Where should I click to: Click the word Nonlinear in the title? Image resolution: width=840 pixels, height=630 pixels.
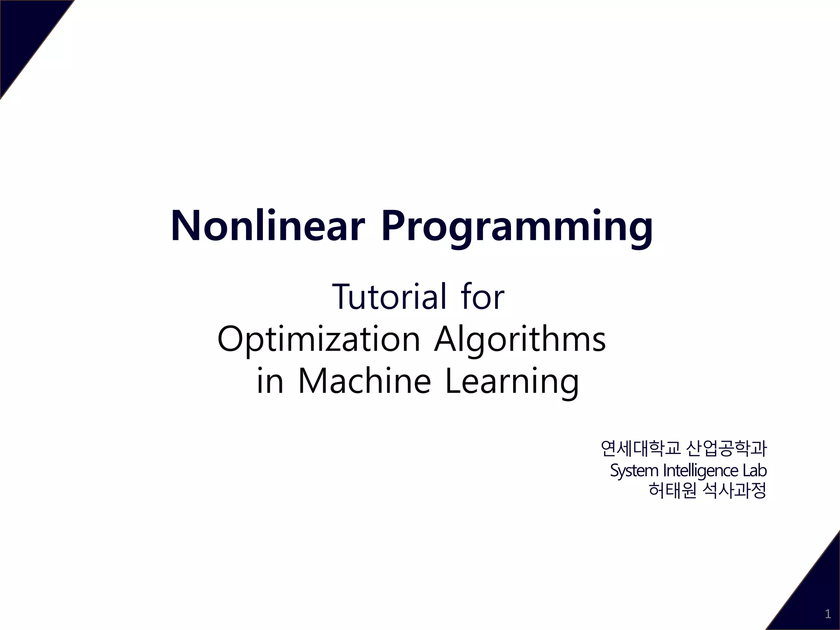coord(267,226)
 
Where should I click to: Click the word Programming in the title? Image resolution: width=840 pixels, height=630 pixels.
coord(517,228)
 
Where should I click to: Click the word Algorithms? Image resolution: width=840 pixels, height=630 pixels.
coord(520,340)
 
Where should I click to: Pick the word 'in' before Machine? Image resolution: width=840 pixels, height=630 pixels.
coord(270,381)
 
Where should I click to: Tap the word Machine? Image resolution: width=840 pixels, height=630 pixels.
coord(364,381)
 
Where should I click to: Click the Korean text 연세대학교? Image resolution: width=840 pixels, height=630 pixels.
coord(640,448)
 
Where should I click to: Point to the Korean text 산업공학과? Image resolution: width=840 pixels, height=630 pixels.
coord(726,448)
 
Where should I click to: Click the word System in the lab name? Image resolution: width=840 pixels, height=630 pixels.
coord(634,470)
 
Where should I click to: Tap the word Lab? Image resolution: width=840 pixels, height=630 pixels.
coord(754,470)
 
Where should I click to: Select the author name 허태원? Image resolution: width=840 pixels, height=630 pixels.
coord(672,491)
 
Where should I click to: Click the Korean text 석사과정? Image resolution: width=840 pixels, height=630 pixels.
coord(734,491)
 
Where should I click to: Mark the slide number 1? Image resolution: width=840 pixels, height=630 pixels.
coord(828,614)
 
